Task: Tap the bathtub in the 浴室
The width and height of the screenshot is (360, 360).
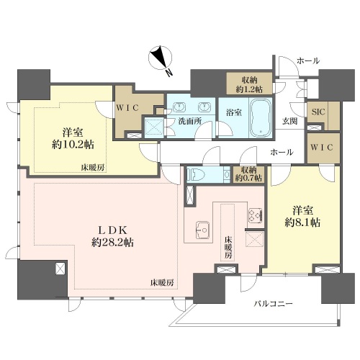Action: (x=261, y=117)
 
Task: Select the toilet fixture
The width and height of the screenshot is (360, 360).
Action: (x=195, y=174)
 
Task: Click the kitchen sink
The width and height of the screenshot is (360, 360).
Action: (x=203, y=230)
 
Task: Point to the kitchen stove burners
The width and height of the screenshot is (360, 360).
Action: (x=255, y=215)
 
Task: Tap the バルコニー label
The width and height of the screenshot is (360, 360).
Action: (x=274, y=304)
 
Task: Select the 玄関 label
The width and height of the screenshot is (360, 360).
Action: (x=289, y=121)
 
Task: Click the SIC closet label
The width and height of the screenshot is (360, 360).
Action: (x=318, y=112)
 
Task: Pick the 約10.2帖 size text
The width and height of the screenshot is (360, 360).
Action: (x=73, y=145)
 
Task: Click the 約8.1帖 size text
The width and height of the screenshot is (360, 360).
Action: (x=302, y=222)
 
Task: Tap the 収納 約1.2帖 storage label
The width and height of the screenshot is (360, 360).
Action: (x=250, y=85)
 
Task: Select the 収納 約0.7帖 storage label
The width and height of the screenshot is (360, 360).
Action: (x=248, y=174)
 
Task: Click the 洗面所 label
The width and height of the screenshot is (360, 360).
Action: (x=190, y=122)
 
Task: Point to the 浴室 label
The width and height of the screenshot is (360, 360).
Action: (x=234, y=112)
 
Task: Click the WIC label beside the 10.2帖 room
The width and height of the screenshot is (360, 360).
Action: (x=127, y=108)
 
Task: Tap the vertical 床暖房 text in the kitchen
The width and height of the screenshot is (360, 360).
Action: (x=228, y=248)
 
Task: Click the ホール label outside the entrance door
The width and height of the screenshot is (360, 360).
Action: (x=308, y=61)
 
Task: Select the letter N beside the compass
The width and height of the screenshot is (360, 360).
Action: (x=169, y=72)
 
